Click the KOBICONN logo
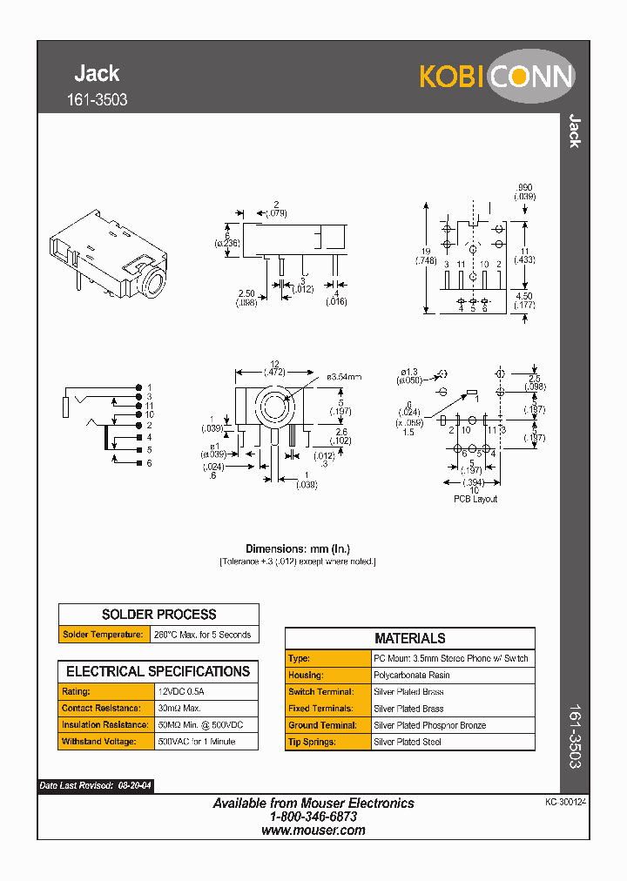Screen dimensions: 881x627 [496, 77]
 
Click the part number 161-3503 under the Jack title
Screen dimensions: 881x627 [97, 100]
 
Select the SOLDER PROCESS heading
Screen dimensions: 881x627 [158, 614]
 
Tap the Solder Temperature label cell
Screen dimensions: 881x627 [104, 635]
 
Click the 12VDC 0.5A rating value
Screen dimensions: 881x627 [181, 690]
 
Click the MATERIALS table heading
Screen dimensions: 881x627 [409, 638]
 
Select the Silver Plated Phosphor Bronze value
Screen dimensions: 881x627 [430, 725]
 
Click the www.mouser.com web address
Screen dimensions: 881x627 [313, 831]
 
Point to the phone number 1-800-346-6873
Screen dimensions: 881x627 [313, 817]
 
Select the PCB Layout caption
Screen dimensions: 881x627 [475, 499]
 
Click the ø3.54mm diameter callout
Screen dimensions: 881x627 [344, 378]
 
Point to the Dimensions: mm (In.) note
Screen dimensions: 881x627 [297, 548]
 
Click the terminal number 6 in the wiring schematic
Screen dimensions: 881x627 [149, 463]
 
